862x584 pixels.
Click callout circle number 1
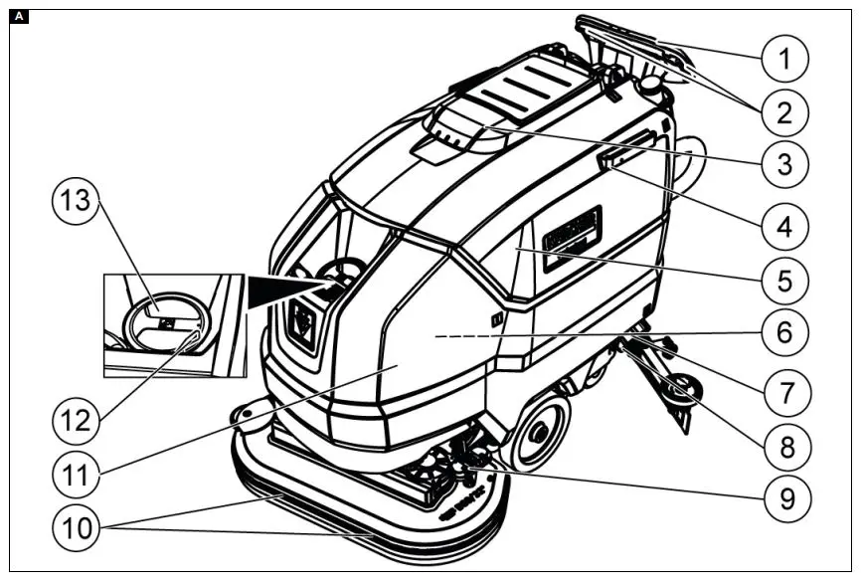tap(786, 59)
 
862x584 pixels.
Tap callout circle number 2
tap(786, 112)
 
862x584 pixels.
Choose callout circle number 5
tap(786, 280)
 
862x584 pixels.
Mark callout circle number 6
tap(786, 332)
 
